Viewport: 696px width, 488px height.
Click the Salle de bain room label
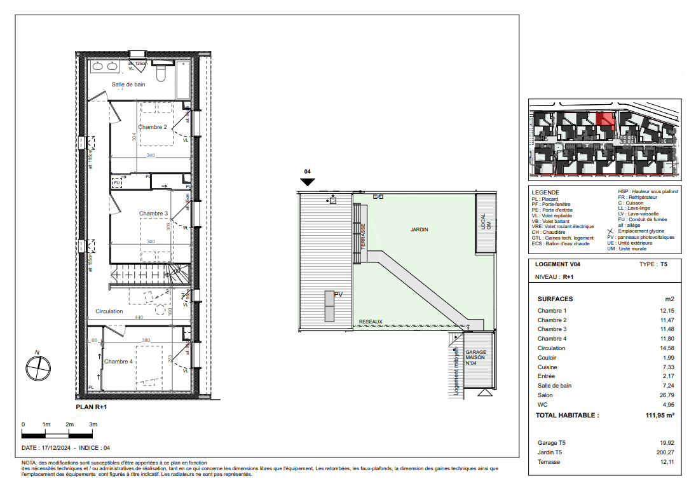click(x=129, y=85)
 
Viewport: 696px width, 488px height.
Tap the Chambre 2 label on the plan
click(x=153, y=127)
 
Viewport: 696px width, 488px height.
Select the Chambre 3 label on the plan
click(x=154, y=213)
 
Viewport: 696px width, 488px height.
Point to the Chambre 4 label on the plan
click(x=119, y=362)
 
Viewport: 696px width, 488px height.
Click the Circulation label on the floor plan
click(x=109, y=311)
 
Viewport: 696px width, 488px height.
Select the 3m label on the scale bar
click(x=93, y=424)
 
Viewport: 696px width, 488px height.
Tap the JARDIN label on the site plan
click(x=420, y=229)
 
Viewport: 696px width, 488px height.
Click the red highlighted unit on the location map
click(x=606, y=120)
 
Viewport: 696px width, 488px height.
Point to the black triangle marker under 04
click(x=308, y=182)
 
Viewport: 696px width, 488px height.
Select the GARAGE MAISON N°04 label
click(x=475, y=358)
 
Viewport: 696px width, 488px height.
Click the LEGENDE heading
click(x=546, y=192)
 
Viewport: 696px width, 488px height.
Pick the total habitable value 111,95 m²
click(x=656, y=415)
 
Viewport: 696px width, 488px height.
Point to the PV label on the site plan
click(x=338, y=294)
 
